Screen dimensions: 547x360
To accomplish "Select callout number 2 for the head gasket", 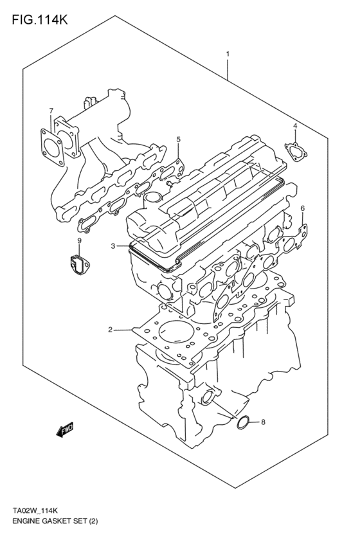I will (x=110, y=330).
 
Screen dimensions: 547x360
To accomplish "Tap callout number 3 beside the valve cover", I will (x=113, y=246).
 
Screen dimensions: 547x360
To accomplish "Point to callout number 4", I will (x=295, y=126).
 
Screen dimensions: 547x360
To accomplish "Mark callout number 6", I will (x=302, y=208).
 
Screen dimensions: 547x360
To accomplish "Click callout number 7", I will (x=51, y=111).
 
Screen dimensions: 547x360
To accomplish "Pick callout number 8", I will (x=262, y=422).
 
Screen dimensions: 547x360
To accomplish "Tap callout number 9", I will (x=79, y=240).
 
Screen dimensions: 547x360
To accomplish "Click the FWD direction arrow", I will (x=65, y=431).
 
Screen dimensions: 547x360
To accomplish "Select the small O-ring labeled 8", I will (x=244, y=422).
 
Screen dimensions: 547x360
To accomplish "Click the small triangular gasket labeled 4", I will (x=296, y=152).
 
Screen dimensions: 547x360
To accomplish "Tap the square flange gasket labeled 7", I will (x=51, y=144).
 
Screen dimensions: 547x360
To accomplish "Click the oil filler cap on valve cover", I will (x=152, y=197).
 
